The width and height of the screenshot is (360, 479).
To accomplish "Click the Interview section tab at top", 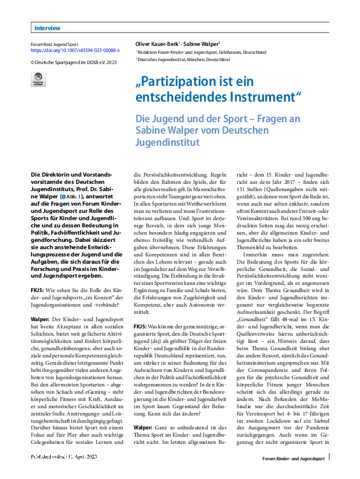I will (47, 28).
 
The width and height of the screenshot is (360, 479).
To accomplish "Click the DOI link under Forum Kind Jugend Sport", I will (75, 51).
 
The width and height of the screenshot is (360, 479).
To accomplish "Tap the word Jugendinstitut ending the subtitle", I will (168, 143).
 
